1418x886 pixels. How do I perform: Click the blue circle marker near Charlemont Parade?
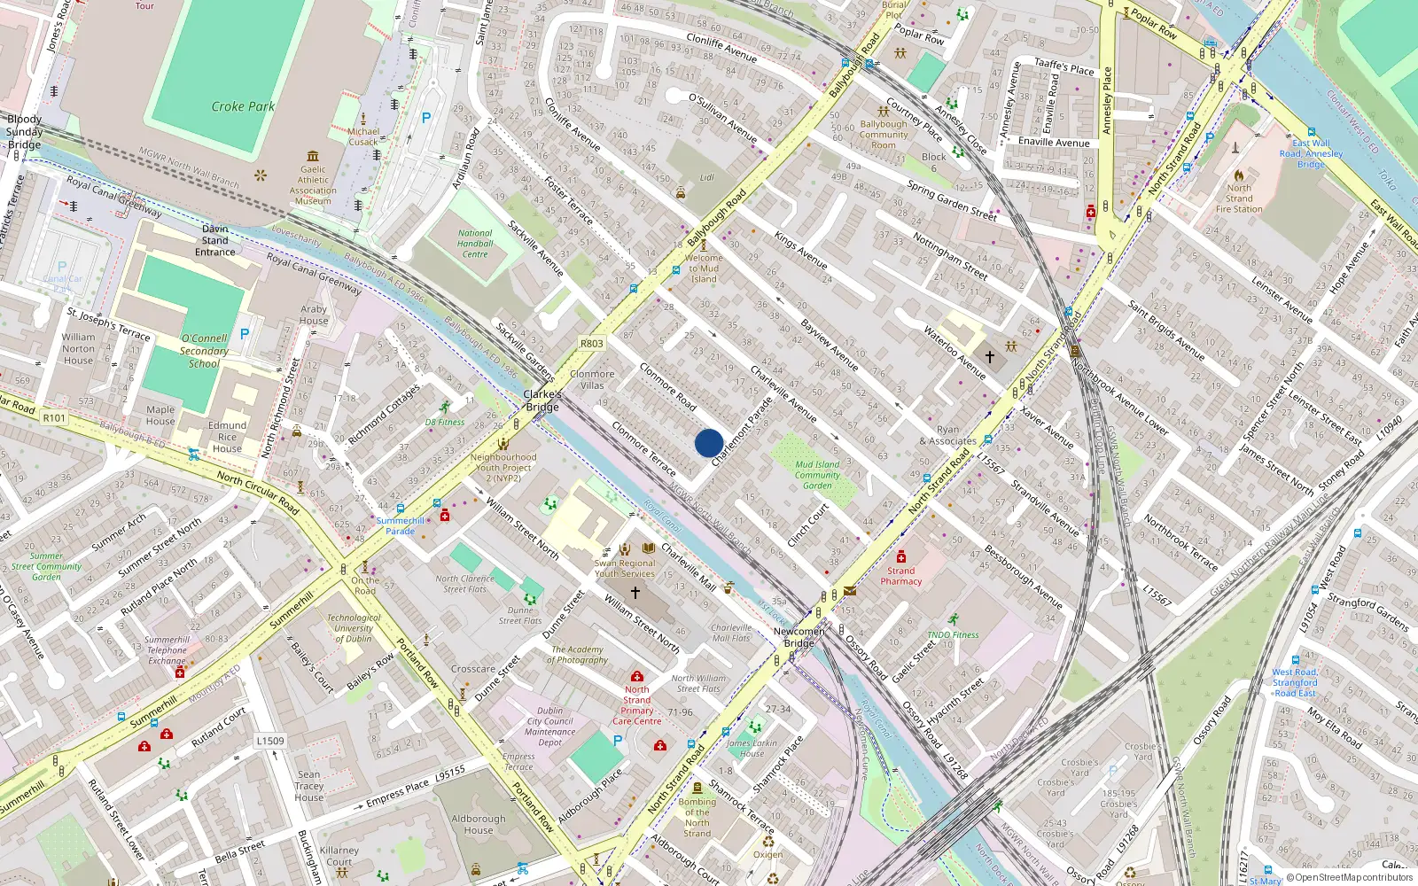point(709,443)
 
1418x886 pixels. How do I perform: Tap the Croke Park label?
point(243,106)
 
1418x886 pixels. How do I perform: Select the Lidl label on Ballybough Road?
point(706,177)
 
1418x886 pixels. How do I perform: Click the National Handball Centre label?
point(475,244)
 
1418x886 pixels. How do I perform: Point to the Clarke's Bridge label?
point(542,400)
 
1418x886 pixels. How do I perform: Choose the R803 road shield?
point(592,344)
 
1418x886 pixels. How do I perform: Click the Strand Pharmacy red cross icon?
point(900,556)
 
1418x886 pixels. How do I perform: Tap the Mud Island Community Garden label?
point(817,475)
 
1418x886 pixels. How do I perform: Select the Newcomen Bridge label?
point(799,637)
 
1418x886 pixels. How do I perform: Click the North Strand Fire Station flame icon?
point(1239,175)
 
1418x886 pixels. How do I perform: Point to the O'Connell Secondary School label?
point(204,351)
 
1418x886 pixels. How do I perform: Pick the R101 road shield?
point(54,418)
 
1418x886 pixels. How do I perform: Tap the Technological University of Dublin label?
point(354,628)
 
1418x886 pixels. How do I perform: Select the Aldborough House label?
point(478,824)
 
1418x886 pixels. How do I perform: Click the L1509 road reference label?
point(270,741)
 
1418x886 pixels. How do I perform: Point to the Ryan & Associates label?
point(947,435)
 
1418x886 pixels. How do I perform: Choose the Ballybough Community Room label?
point(883,135)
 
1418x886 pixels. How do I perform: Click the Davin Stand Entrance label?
point(215,240)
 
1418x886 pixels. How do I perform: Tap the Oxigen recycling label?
point(767,854)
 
